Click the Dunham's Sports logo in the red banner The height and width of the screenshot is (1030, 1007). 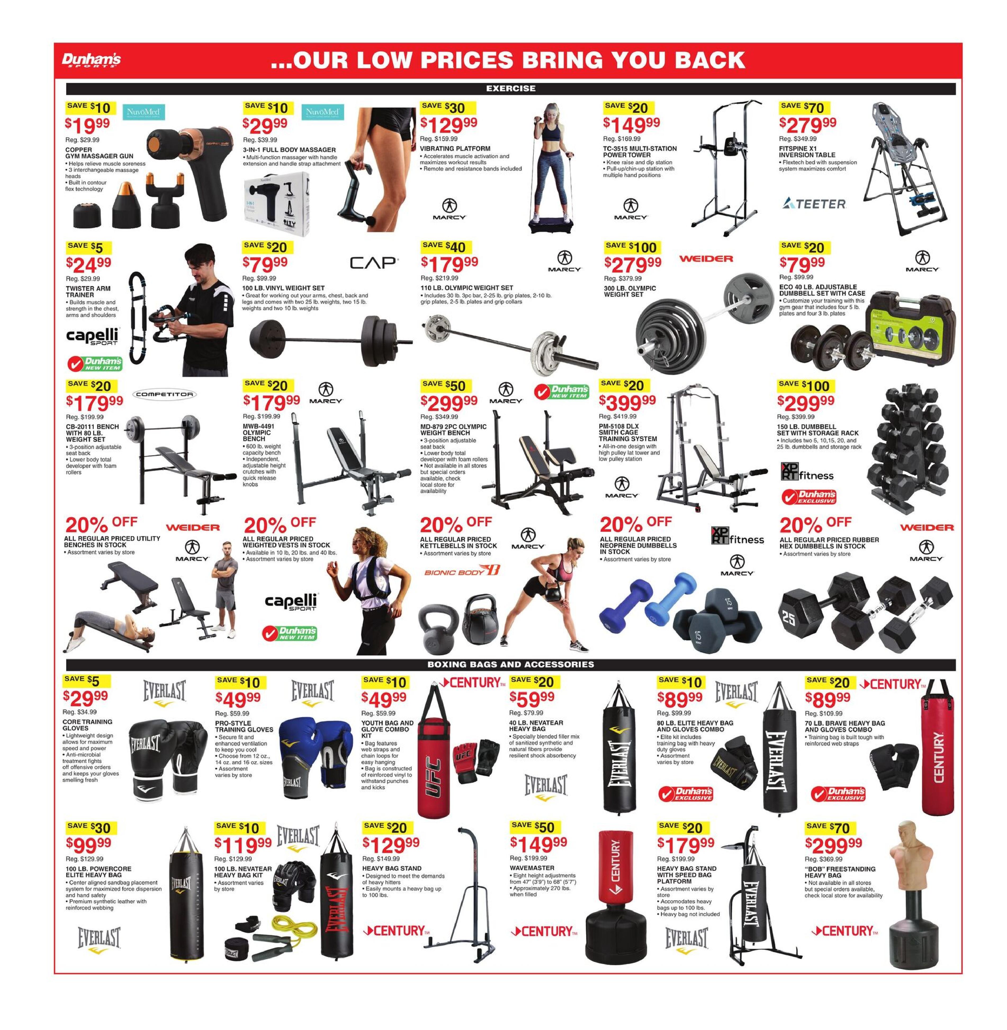pyautogui.click(x=91, y=60)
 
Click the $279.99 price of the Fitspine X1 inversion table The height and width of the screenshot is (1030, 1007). pyautogui.click(x=808, y=126)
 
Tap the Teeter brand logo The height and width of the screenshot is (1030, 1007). pyautogui.click(x=814, y=204)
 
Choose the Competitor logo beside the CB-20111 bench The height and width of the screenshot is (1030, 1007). pyautogui.click(x=164, y=394)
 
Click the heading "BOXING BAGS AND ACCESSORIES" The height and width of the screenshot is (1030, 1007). pyautogui.click(x=510, y=664)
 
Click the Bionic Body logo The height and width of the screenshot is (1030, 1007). pyautogui.click(x=462, y=571)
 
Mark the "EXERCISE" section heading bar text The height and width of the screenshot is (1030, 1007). pyautogui.click(x=510, y=88)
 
